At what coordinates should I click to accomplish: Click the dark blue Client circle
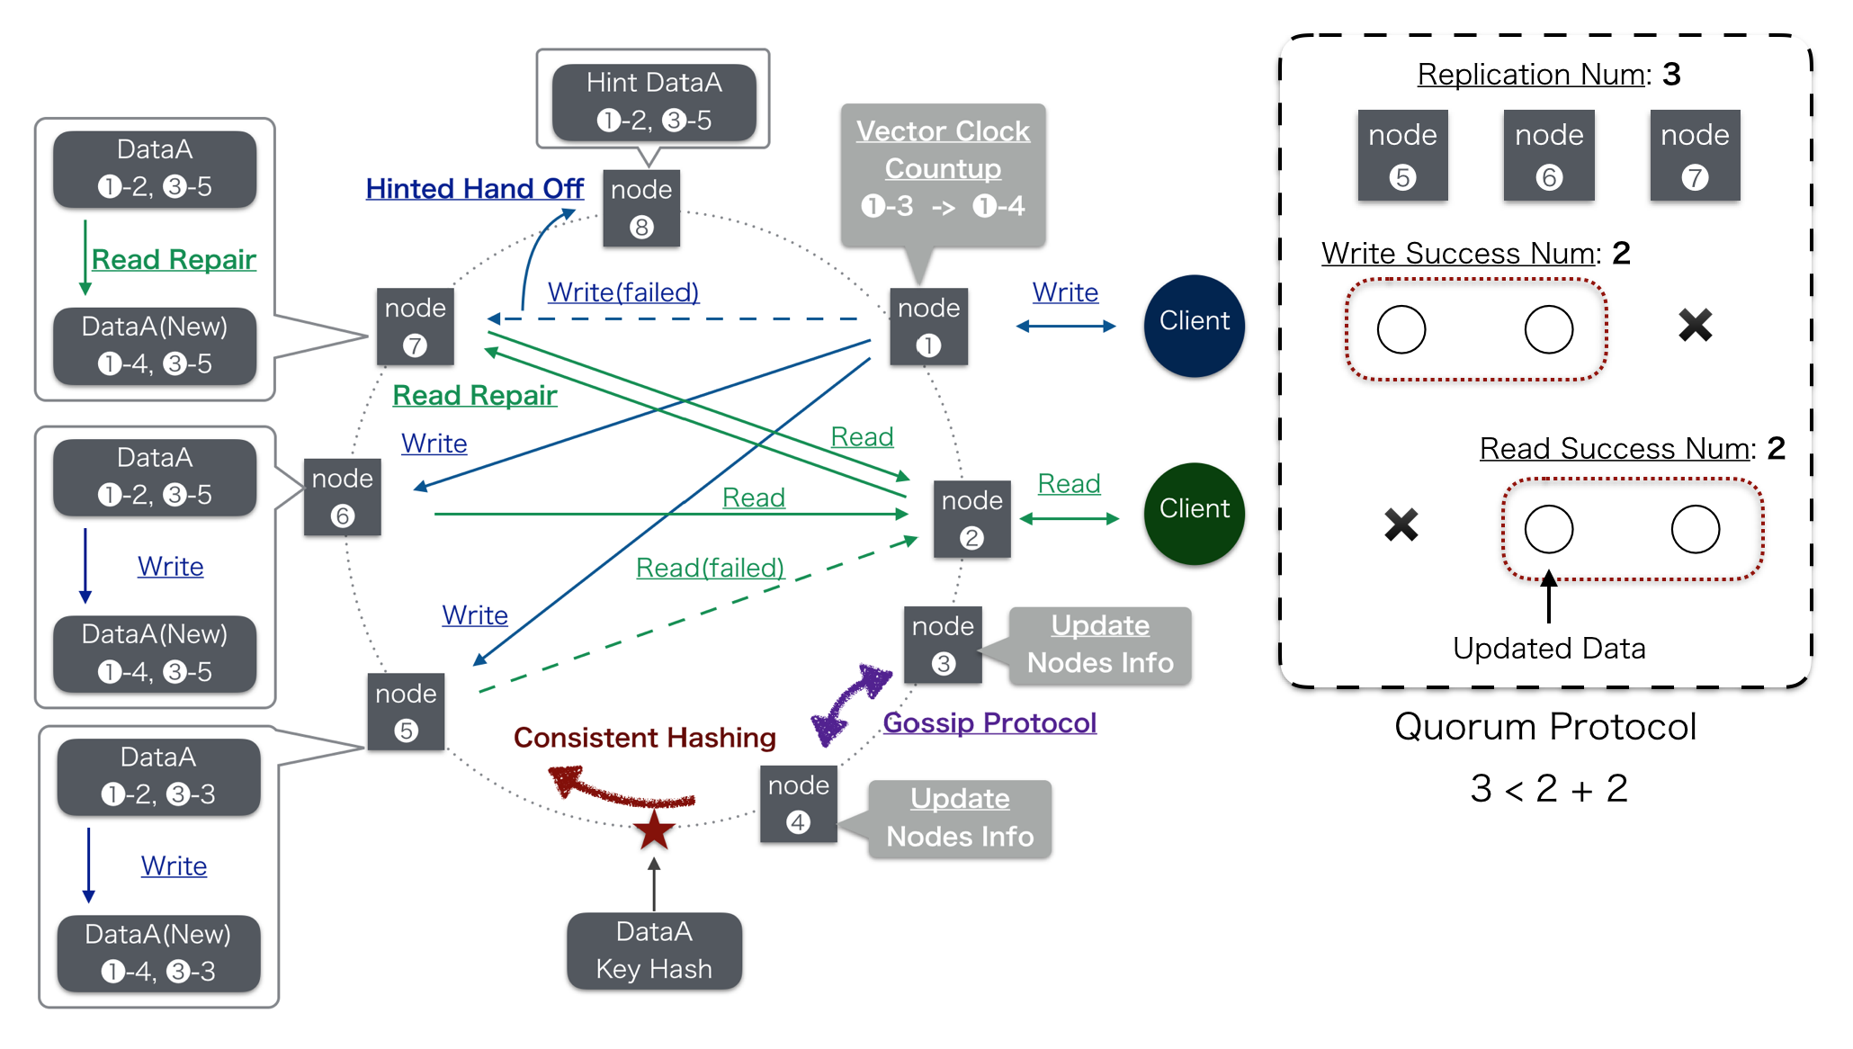1194,325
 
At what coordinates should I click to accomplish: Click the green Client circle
1194,513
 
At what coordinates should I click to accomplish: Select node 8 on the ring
641,208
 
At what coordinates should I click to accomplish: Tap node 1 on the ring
928,327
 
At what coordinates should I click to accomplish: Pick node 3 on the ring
943,644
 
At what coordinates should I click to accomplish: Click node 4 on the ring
798,803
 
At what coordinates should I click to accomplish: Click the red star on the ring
654,829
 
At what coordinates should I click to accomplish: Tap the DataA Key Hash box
654,951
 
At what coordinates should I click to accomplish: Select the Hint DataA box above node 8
654,102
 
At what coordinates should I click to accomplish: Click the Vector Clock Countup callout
943,171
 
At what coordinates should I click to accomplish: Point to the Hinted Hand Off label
474,189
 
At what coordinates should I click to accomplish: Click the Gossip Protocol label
989,722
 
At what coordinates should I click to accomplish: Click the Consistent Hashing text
644,738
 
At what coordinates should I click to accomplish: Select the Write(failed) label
622,292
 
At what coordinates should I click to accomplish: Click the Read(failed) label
710,568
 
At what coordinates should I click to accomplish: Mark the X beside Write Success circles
1695,326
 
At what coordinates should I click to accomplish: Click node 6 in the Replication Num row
1548,155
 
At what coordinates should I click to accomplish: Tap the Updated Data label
1548,649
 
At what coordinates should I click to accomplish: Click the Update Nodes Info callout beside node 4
960,818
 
